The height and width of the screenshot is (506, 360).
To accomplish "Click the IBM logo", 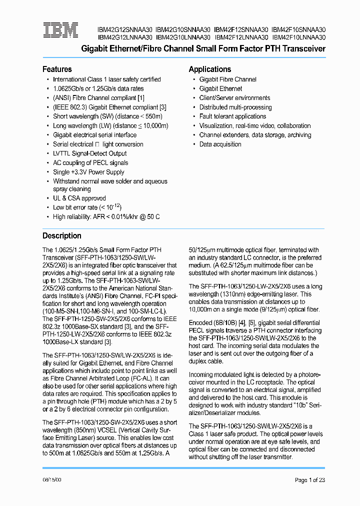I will pyautogui.click(x=60, y=30).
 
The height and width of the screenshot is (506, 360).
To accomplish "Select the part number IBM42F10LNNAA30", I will pyautogui.click(x=299, y=37).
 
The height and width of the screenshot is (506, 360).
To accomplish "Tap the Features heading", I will pyautogui.click(x=57, y=69).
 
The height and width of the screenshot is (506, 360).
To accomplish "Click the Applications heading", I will pyautogui.click(x=209, y=69).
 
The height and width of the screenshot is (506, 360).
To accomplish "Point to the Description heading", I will pyautogui.click(x=61, y=236).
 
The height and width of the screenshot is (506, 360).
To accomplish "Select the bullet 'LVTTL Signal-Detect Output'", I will pyautogui.click(x=89, y=153).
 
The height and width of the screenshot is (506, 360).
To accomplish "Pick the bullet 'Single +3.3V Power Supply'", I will pyautogui.click(x=88, y=172).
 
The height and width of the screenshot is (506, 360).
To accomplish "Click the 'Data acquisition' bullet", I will pyautogui.click(x=220, y=144).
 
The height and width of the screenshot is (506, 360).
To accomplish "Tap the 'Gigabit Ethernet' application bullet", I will pyautogui.click(x=220, y=88).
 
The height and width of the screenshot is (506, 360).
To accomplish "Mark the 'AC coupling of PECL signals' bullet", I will pyautogui.click(x=90, y=163).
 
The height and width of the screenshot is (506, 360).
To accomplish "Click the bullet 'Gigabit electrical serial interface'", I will pyautogui.click(x=94, y=135).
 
